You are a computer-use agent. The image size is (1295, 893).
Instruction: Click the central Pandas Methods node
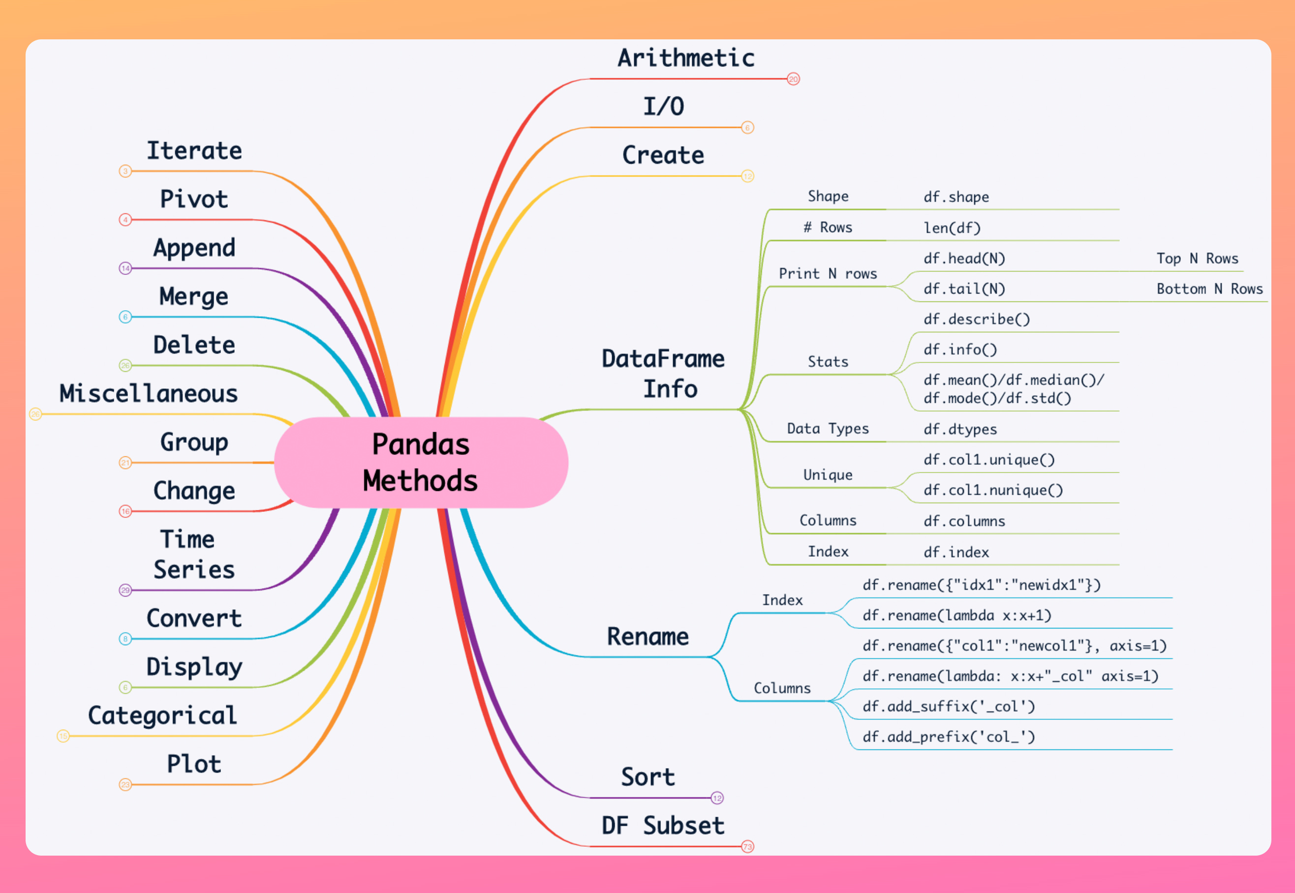(421, 462)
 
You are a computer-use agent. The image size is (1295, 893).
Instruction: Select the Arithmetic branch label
(686, 58)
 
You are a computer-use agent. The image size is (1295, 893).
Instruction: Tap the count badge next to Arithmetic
(793, 79)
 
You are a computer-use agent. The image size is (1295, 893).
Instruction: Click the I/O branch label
(663, 106)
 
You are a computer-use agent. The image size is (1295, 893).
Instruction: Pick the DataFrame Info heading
(663, 373)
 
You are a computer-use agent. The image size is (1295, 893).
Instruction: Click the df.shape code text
(956, 197)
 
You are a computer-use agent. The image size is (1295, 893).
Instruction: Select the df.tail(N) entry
(963, 289)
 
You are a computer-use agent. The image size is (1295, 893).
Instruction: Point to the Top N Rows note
(1197, 259)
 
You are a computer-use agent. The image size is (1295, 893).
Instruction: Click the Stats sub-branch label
(828, 361)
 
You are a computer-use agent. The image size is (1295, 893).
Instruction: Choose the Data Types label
(828, 429)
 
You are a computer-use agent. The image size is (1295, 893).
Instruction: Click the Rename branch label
(648, 637)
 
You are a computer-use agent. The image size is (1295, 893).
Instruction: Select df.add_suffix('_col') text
(949, 707)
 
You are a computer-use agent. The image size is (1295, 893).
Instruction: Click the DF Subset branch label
(663, 826)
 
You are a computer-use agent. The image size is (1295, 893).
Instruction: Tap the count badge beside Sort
(717, 798)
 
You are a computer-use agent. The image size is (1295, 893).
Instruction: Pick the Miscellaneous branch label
(149, 393)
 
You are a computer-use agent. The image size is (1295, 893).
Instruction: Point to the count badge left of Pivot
(125, 220)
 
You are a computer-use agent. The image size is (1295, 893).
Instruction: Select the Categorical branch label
(162, 715)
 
